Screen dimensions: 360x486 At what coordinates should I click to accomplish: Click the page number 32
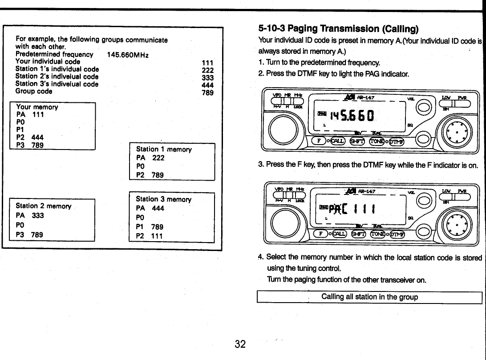(240, 344)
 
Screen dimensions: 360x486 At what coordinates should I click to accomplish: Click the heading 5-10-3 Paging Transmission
(338, 29)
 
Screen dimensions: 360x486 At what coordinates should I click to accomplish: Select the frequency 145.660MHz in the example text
(128, 55)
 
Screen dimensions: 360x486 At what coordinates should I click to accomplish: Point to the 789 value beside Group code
(207, 93)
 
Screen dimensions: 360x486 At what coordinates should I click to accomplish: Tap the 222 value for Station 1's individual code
(207, 70)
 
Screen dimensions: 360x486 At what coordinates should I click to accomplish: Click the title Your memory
(37, 107)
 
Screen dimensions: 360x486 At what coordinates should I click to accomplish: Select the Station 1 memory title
(164, 150)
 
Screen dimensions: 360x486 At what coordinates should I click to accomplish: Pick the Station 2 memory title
(43, 206)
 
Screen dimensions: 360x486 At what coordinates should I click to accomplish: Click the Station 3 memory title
(163, 199)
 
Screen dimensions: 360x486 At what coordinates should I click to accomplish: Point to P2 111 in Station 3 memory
(150, 236)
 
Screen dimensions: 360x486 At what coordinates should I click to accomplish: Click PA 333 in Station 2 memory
(30, 216)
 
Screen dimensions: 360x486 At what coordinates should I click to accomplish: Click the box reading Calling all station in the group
(369, 297)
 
